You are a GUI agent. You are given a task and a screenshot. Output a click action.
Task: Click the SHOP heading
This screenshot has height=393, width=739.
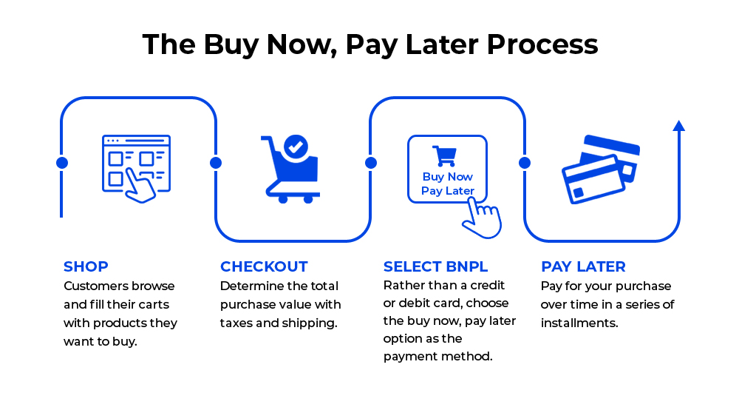(86, 266)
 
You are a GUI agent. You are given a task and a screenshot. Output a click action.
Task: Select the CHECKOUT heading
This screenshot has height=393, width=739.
(264, 266)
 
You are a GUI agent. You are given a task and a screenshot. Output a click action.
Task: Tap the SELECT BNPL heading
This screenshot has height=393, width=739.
(435, 266)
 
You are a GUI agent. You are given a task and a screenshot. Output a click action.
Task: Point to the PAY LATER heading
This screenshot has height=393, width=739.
(584, 266)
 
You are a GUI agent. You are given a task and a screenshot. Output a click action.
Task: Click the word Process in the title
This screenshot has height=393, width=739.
(542, 44)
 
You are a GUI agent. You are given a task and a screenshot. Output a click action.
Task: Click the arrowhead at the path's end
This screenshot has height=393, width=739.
(678, 126)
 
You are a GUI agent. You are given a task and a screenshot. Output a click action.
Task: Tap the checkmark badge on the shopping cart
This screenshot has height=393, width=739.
(296, 147)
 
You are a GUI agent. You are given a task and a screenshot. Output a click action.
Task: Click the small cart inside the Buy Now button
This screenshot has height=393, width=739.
(444, 155)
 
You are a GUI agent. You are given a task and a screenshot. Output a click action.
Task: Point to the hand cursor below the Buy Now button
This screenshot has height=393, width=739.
(482, 218)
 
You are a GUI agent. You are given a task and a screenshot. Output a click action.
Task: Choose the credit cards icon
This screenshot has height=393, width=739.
(601, 169)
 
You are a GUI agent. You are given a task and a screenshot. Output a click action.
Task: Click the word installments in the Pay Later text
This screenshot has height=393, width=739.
(579, 323)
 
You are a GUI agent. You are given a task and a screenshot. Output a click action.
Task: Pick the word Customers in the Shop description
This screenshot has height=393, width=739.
(90, 286)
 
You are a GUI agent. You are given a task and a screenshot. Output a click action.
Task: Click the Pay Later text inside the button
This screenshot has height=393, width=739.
(448, 191)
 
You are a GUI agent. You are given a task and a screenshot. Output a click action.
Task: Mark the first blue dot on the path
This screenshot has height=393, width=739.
(62, 163)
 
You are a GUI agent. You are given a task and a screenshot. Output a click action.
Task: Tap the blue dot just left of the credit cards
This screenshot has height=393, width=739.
(525, 163)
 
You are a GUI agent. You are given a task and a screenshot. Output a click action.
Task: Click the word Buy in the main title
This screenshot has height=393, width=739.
(231, 44)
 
